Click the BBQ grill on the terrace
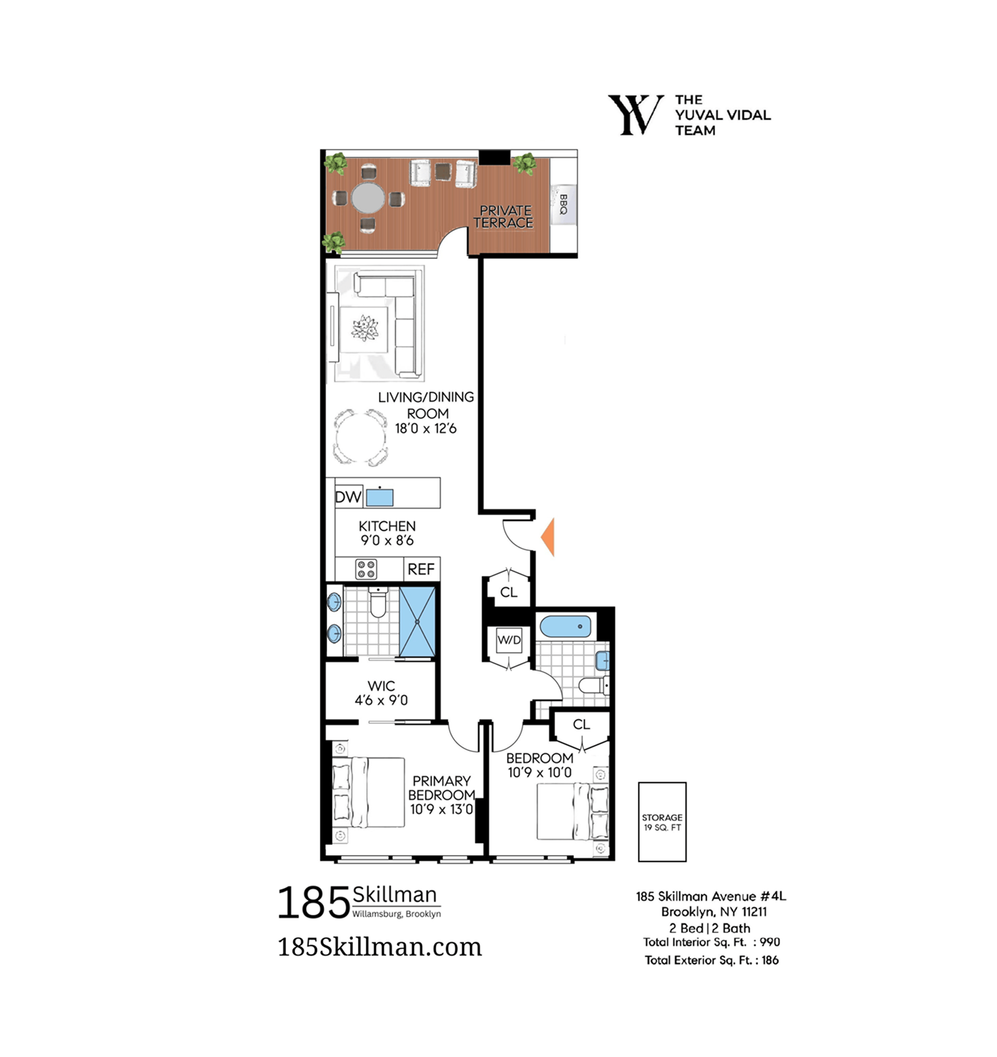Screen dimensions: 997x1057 563,205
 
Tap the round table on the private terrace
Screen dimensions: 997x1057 368,198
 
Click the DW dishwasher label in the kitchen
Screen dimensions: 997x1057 348,497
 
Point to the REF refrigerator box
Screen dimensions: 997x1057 421,569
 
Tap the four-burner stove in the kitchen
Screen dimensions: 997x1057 367,569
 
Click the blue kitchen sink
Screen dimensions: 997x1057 379,497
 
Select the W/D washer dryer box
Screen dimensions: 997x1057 509,640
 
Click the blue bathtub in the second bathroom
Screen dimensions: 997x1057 565,627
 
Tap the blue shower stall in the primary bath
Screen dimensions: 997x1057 417,622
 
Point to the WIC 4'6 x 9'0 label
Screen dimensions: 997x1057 381,693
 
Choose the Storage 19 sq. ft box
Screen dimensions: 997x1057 662,822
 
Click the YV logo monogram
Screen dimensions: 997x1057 635,115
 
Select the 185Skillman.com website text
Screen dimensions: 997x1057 379,948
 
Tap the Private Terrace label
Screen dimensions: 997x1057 504,217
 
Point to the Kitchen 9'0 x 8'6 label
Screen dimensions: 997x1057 387,533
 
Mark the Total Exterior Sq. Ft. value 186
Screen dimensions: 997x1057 770,961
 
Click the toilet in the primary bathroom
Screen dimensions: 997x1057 378,603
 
